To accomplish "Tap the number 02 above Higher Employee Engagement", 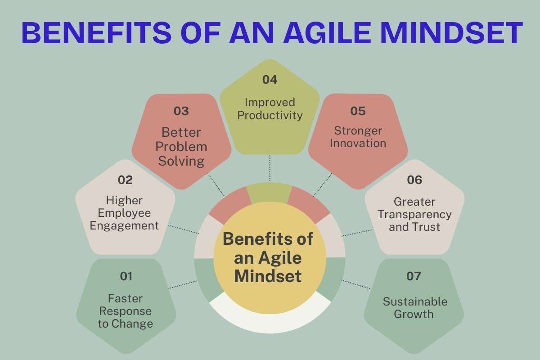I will pyautogui.click(x=126, y=180).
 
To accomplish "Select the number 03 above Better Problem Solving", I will pyautogui.click(x=181, y=111).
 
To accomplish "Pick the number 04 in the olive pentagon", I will pyautogui.click(x=270, y=80).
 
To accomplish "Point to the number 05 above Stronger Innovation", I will pyautogui.click(x=358, y=111).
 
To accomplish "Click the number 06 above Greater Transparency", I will pyautogui.click(x=414, y=180).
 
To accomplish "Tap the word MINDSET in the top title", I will pyautogui.click(x=463, y=33).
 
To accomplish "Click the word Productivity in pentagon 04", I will pyautogui.click(x=270, y=115).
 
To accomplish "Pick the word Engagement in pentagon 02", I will pyautogui.click(x=125, y=225).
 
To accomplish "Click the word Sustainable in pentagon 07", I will pyautogui.click(x=415, y=301).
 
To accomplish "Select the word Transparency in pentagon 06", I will pyautogui.click(x=414, y=215).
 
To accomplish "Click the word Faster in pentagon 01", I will pyautogui.click(x=126, y=298).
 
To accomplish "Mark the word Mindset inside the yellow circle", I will pyautogui.click(x=268, y=275).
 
